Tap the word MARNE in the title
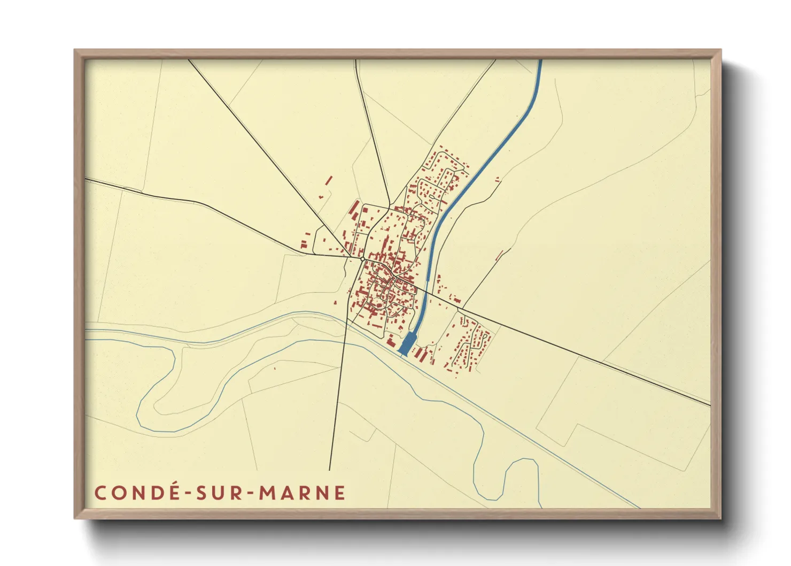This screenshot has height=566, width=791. click(x=303, y=493)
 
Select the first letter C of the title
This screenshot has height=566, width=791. click(x=100, y=493)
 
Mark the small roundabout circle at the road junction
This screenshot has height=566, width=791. click(x=362, y=259)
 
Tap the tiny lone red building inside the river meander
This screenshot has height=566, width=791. click(x=275, y=368)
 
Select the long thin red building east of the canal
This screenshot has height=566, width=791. click(x=500, y=255)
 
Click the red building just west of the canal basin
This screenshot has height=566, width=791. click(x=390, y=341)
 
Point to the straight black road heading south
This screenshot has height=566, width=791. click(x=337, y=407)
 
